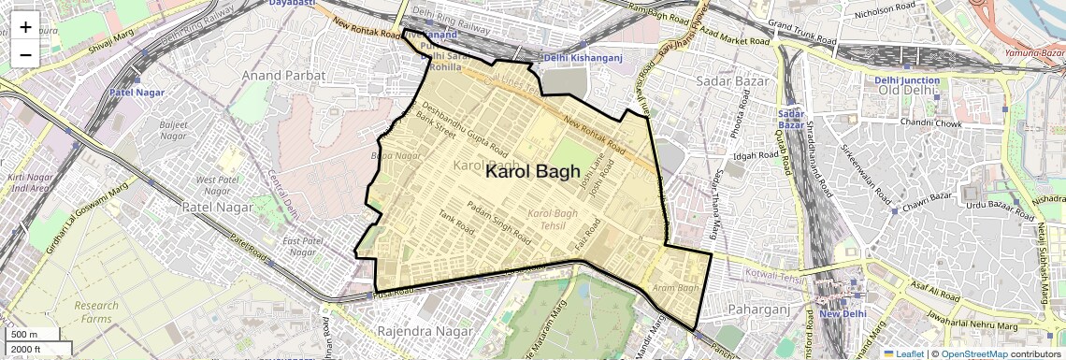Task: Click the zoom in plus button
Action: [x=25, y=27]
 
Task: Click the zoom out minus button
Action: [x=25, y=54]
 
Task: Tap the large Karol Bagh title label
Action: [x=533, y=174]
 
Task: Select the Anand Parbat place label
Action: [x=283, y=75]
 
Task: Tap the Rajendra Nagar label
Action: [x=418, y=331]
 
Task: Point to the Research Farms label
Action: [x=96, y=312]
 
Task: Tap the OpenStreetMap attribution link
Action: [x=973, y=353]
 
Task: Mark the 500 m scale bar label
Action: [x=24, y=335]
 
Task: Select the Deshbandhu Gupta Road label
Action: [x=465, y=129]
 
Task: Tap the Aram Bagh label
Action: [x=676, y=288]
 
